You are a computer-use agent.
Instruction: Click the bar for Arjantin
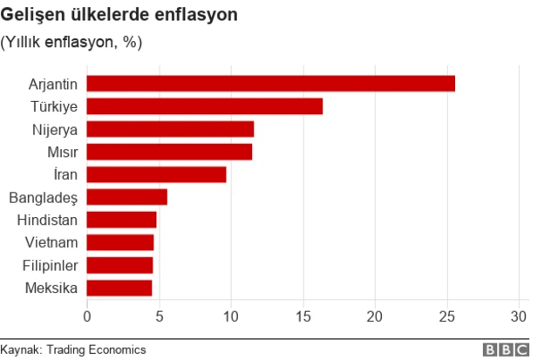click(x=271, y=84)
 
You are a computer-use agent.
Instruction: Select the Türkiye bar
click(x=205, y=106)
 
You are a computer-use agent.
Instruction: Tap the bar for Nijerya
click(x=170, y=129)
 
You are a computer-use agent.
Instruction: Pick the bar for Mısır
click(x=169, y=152)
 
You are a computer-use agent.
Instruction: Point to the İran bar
click(x=157, y=174)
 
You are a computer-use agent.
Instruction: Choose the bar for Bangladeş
click(x=127, y=197)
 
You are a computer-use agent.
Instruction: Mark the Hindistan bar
click(x=122, y=220)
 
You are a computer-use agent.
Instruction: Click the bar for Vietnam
click(x=120, y=242)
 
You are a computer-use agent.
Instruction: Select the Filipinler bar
click(x=120, y=265)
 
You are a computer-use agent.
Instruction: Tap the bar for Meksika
click(x=119, y=288)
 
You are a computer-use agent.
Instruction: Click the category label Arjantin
click(x=53, y=85)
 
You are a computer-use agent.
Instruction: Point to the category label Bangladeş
click(x=44, y=198)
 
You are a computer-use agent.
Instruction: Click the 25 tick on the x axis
click(x=447, y=315)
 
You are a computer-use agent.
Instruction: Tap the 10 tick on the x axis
click(x=231, y=315)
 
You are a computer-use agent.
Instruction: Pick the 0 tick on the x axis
click(x=87, y=315)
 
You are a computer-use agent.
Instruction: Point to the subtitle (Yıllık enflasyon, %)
click(x=71, y=42)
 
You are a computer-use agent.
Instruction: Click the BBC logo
click(x=507, y=349)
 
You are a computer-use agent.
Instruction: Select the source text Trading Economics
click(x=99, y=349)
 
